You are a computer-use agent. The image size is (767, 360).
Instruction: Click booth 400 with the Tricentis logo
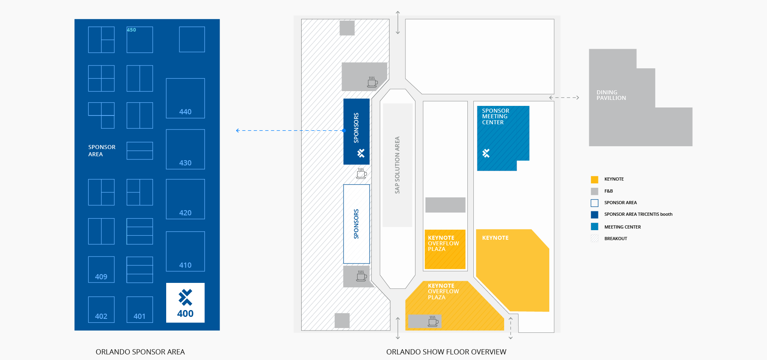(x=185, y=302)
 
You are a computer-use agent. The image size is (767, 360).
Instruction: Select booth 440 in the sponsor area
(x=185, y=98)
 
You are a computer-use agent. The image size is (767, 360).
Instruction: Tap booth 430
(x=185, y=149)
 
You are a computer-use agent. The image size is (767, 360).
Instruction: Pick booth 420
(x=185, y=199)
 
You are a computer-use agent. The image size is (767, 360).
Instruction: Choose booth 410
(x=185, y=251)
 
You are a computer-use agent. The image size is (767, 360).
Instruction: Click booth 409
(x=101, y=270)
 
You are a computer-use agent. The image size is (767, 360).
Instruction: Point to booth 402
(x=101, y=309)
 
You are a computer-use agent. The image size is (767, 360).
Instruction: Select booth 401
(x=139, y=309)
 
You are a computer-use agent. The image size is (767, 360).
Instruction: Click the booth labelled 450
(x=139, y=40)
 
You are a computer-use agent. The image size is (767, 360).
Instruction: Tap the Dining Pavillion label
(x=611, y=95)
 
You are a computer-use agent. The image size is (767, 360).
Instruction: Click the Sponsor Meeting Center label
(x=495, y=117)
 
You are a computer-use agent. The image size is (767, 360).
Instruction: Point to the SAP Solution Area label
(x=397, y=165)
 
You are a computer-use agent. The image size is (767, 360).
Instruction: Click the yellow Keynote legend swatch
(x=594, y=179)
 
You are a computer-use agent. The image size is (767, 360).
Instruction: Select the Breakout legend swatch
(x=594, y=239)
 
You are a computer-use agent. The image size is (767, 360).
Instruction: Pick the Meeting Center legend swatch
(x=594, y=227)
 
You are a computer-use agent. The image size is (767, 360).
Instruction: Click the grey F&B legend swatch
(x=594, y=191)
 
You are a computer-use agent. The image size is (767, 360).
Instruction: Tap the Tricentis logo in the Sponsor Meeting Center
(x=486, y=153)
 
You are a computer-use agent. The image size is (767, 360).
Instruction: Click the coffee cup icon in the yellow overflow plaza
(x=433, y=321)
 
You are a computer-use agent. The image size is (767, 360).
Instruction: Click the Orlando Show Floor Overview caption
(x=446, y=352)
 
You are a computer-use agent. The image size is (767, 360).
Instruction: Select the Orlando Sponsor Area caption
(x=140, y=352)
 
